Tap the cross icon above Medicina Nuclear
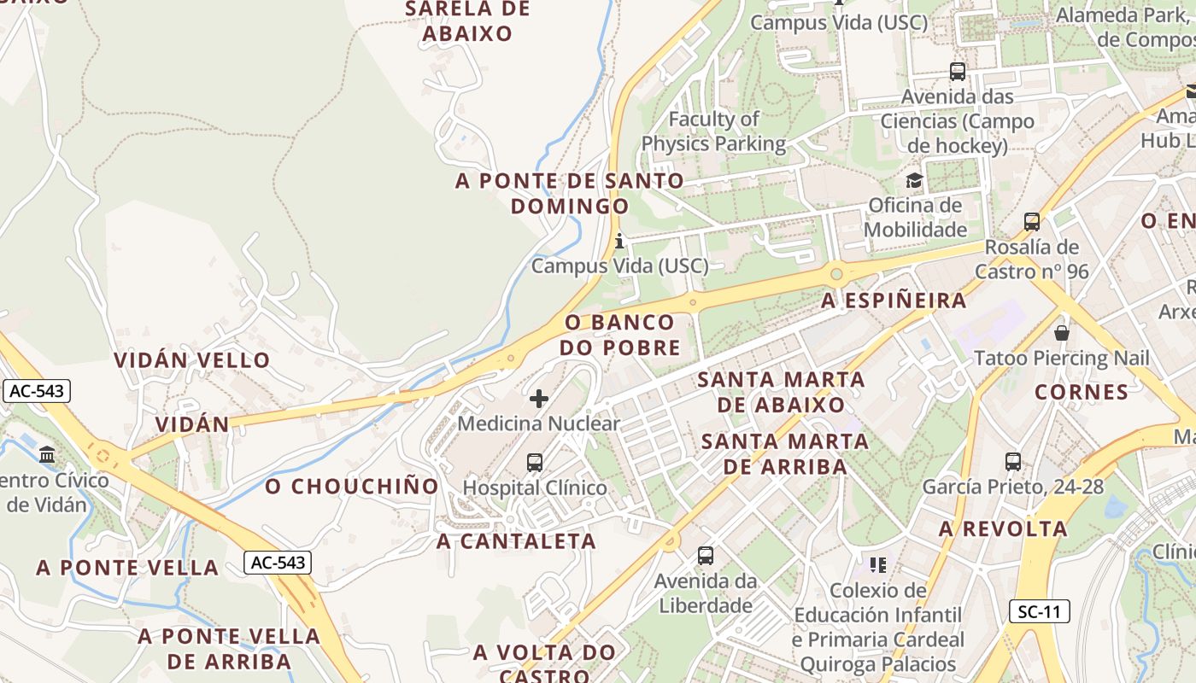tap(539, 398)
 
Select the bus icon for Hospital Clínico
tap(535, 463)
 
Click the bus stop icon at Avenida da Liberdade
tap(706, 556)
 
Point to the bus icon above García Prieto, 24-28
tap(1013, 462)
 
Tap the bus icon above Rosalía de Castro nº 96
tap(1032, 222)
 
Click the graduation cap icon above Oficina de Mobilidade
tap(914, 180)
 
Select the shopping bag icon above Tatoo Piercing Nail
tap(1062, 332)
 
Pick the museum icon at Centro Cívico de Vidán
tap(47, 454)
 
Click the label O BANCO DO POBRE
tap(620, 336)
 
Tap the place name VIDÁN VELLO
tap(192, 360)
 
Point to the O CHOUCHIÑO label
tap(352, 487)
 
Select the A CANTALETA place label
tap(516, 541)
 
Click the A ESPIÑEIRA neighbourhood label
tap(894, 301)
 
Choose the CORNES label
tap(1082, 392)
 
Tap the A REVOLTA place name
tap(1003, 529)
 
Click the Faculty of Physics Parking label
tap(713, 131)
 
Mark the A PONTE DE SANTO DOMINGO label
tap(570, 194)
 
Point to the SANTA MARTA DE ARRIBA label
tap(785, 454)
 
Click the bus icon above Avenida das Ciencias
tap(958, 72)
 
